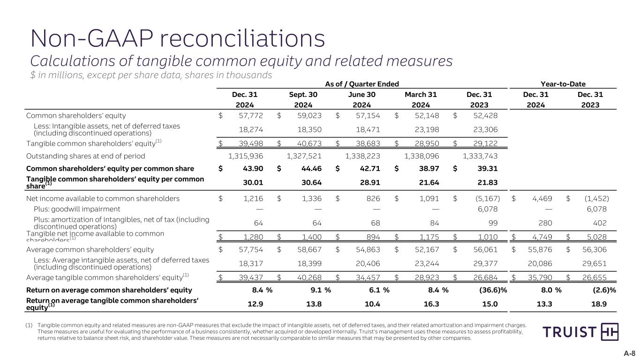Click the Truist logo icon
click(610, 332)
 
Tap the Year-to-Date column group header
click(563, 83)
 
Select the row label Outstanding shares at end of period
click(86, 156)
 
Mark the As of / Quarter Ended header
click(362, 83)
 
